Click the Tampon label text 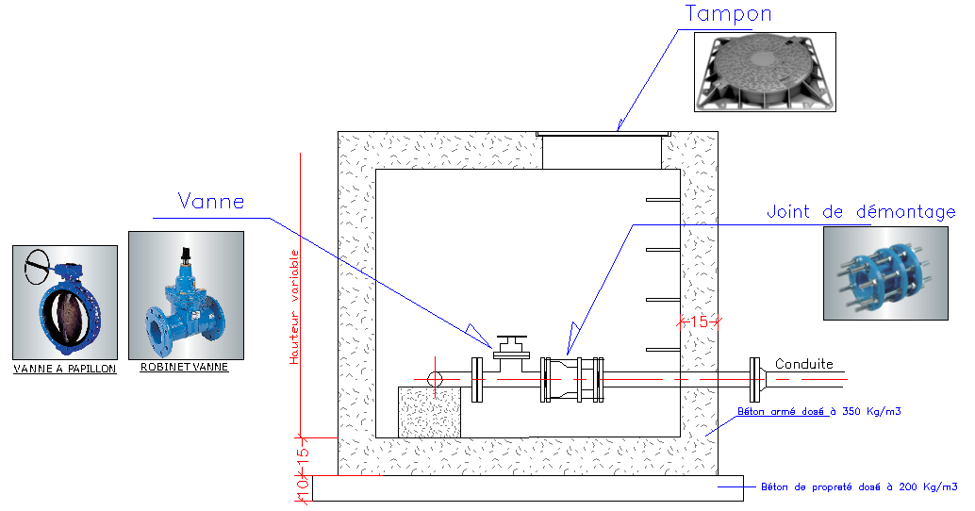[x=728, y=14]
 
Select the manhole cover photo [x=765, y=72]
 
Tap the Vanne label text [x=211, y=202]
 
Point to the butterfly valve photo [x=65, y=303]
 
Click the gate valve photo [x=186, y=295]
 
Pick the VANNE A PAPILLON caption [x=65, y=369]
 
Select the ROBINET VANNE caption [x=184, y=367]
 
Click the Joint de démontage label [x=861, y=212]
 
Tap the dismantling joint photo [x=885, y=273]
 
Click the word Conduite [x=804, y=364]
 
